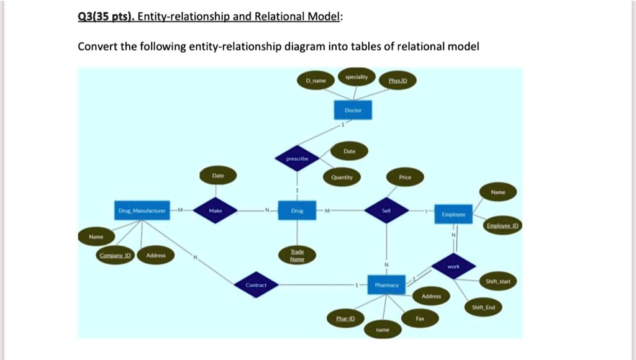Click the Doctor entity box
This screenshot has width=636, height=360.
point(352,110)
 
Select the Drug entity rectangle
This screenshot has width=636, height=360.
point(298,210)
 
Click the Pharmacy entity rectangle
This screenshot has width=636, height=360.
point(386,285)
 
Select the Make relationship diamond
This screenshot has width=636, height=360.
point(216,211)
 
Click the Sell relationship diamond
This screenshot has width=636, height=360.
point(386,211)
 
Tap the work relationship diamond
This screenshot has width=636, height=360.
point(454,266)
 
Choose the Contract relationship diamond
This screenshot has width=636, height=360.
point(256,285)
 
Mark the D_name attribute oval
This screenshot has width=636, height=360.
point(316,81)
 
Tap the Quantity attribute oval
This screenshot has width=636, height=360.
point(342,177)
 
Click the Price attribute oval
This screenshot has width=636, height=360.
point(405,177)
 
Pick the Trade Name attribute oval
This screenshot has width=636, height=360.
point(298,256)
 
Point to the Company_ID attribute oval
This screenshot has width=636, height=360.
point(115,255)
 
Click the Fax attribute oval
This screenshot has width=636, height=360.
point(420,318)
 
